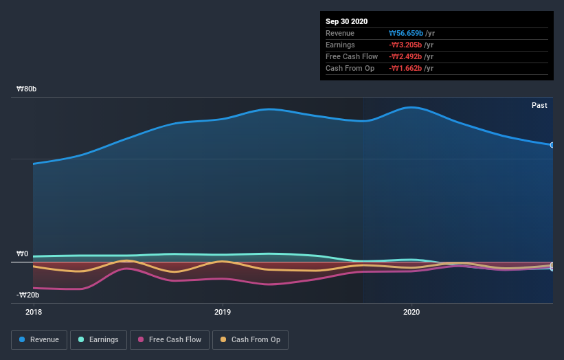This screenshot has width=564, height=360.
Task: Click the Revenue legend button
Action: [x=39, y=339]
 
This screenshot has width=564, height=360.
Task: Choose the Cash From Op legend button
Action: [x=250, y=339]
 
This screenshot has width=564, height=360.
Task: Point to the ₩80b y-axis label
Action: [x=27, y=89]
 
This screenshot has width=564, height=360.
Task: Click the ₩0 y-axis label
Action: [x=22, y=254]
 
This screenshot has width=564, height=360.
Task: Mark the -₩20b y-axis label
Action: [x=27, y=295]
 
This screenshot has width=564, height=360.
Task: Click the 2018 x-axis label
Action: [x=33, y=311]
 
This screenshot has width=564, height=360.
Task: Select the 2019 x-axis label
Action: [x=222, y=311]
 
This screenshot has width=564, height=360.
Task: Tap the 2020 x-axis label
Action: [x=411, y=311]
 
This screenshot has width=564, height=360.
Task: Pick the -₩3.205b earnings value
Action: [x=405, y=45]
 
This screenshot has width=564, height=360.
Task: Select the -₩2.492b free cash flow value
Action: [x=405, y=56]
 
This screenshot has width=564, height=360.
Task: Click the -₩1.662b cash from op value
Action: [x=405, y=68]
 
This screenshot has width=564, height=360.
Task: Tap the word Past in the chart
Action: [x=539, y=105]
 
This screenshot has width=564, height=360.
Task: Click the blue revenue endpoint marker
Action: [x=552, y=145]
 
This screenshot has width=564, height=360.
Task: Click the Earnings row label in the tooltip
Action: [x=341, y=45]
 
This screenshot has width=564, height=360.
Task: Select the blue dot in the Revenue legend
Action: [x=23, y=339]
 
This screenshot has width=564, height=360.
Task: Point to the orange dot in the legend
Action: [x=223, y=339]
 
